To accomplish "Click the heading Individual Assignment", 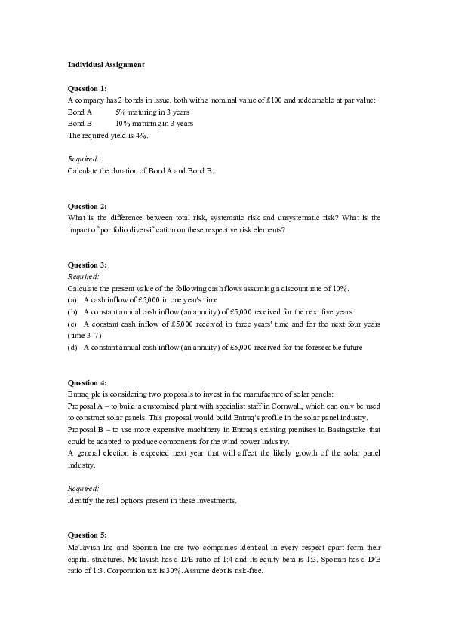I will [x=106, y=65].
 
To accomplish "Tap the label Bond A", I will [x=80, y=112].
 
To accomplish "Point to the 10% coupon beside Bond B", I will [x=123, y=123].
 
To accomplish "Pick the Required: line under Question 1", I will [x=84, y=158].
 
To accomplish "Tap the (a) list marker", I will [x=72, y=300].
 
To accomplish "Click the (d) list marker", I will [x=72, y=347].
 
